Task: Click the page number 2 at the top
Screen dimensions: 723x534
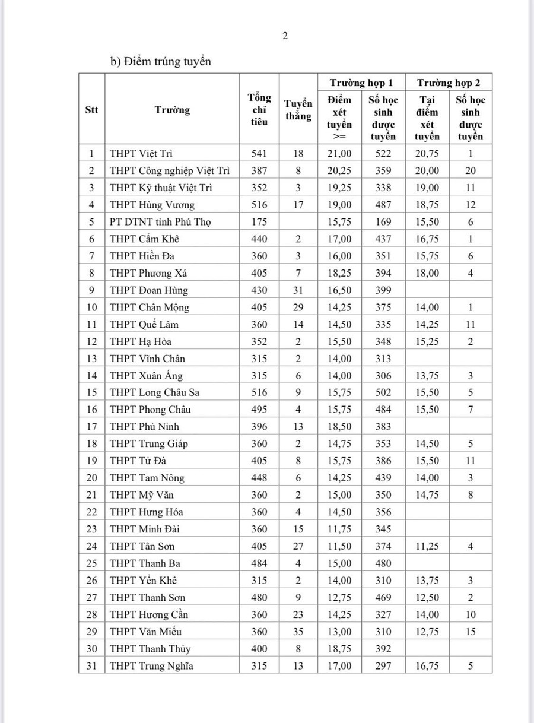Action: tap(285, 36)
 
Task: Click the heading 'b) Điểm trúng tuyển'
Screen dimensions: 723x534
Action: tap(160, 61)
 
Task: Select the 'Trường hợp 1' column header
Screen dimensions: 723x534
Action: tap(361, 82)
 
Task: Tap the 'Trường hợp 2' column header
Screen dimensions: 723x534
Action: tap(449, 82)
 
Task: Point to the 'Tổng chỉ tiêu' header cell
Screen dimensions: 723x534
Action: tap(259, 109)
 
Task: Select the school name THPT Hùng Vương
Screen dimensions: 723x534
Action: tap(152, 205)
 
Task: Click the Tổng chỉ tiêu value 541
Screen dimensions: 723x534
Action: tap(259, 154)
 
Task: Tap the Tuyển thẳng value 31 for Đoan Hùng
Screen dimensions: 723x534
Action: tap(298, 290)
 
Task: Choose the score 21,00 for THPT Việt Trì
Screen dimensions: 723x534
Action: tap(339, 154)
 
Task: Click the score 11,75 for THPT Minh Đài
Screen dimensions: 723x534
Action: tap(339, 529)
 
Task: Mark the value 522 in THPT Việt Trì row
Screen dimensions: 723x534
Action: tap(383, 154)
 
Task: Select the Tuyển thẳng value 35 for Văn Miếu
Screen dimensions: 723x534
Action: tap(298, 632)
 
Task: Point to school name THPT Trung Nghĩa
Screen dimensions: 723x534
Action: tap(151, 666)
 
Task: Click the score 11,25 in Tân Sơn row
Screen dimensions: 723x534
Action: tap(427, 546)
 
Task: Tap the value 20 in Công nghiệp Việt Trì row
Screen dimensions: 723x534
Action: tap(471, 171)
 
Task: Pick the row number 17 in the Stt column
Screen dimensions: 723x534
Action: tap(91, 426)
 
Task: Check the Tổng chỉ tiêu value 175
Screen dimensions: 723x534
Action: tap(259, 222)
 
